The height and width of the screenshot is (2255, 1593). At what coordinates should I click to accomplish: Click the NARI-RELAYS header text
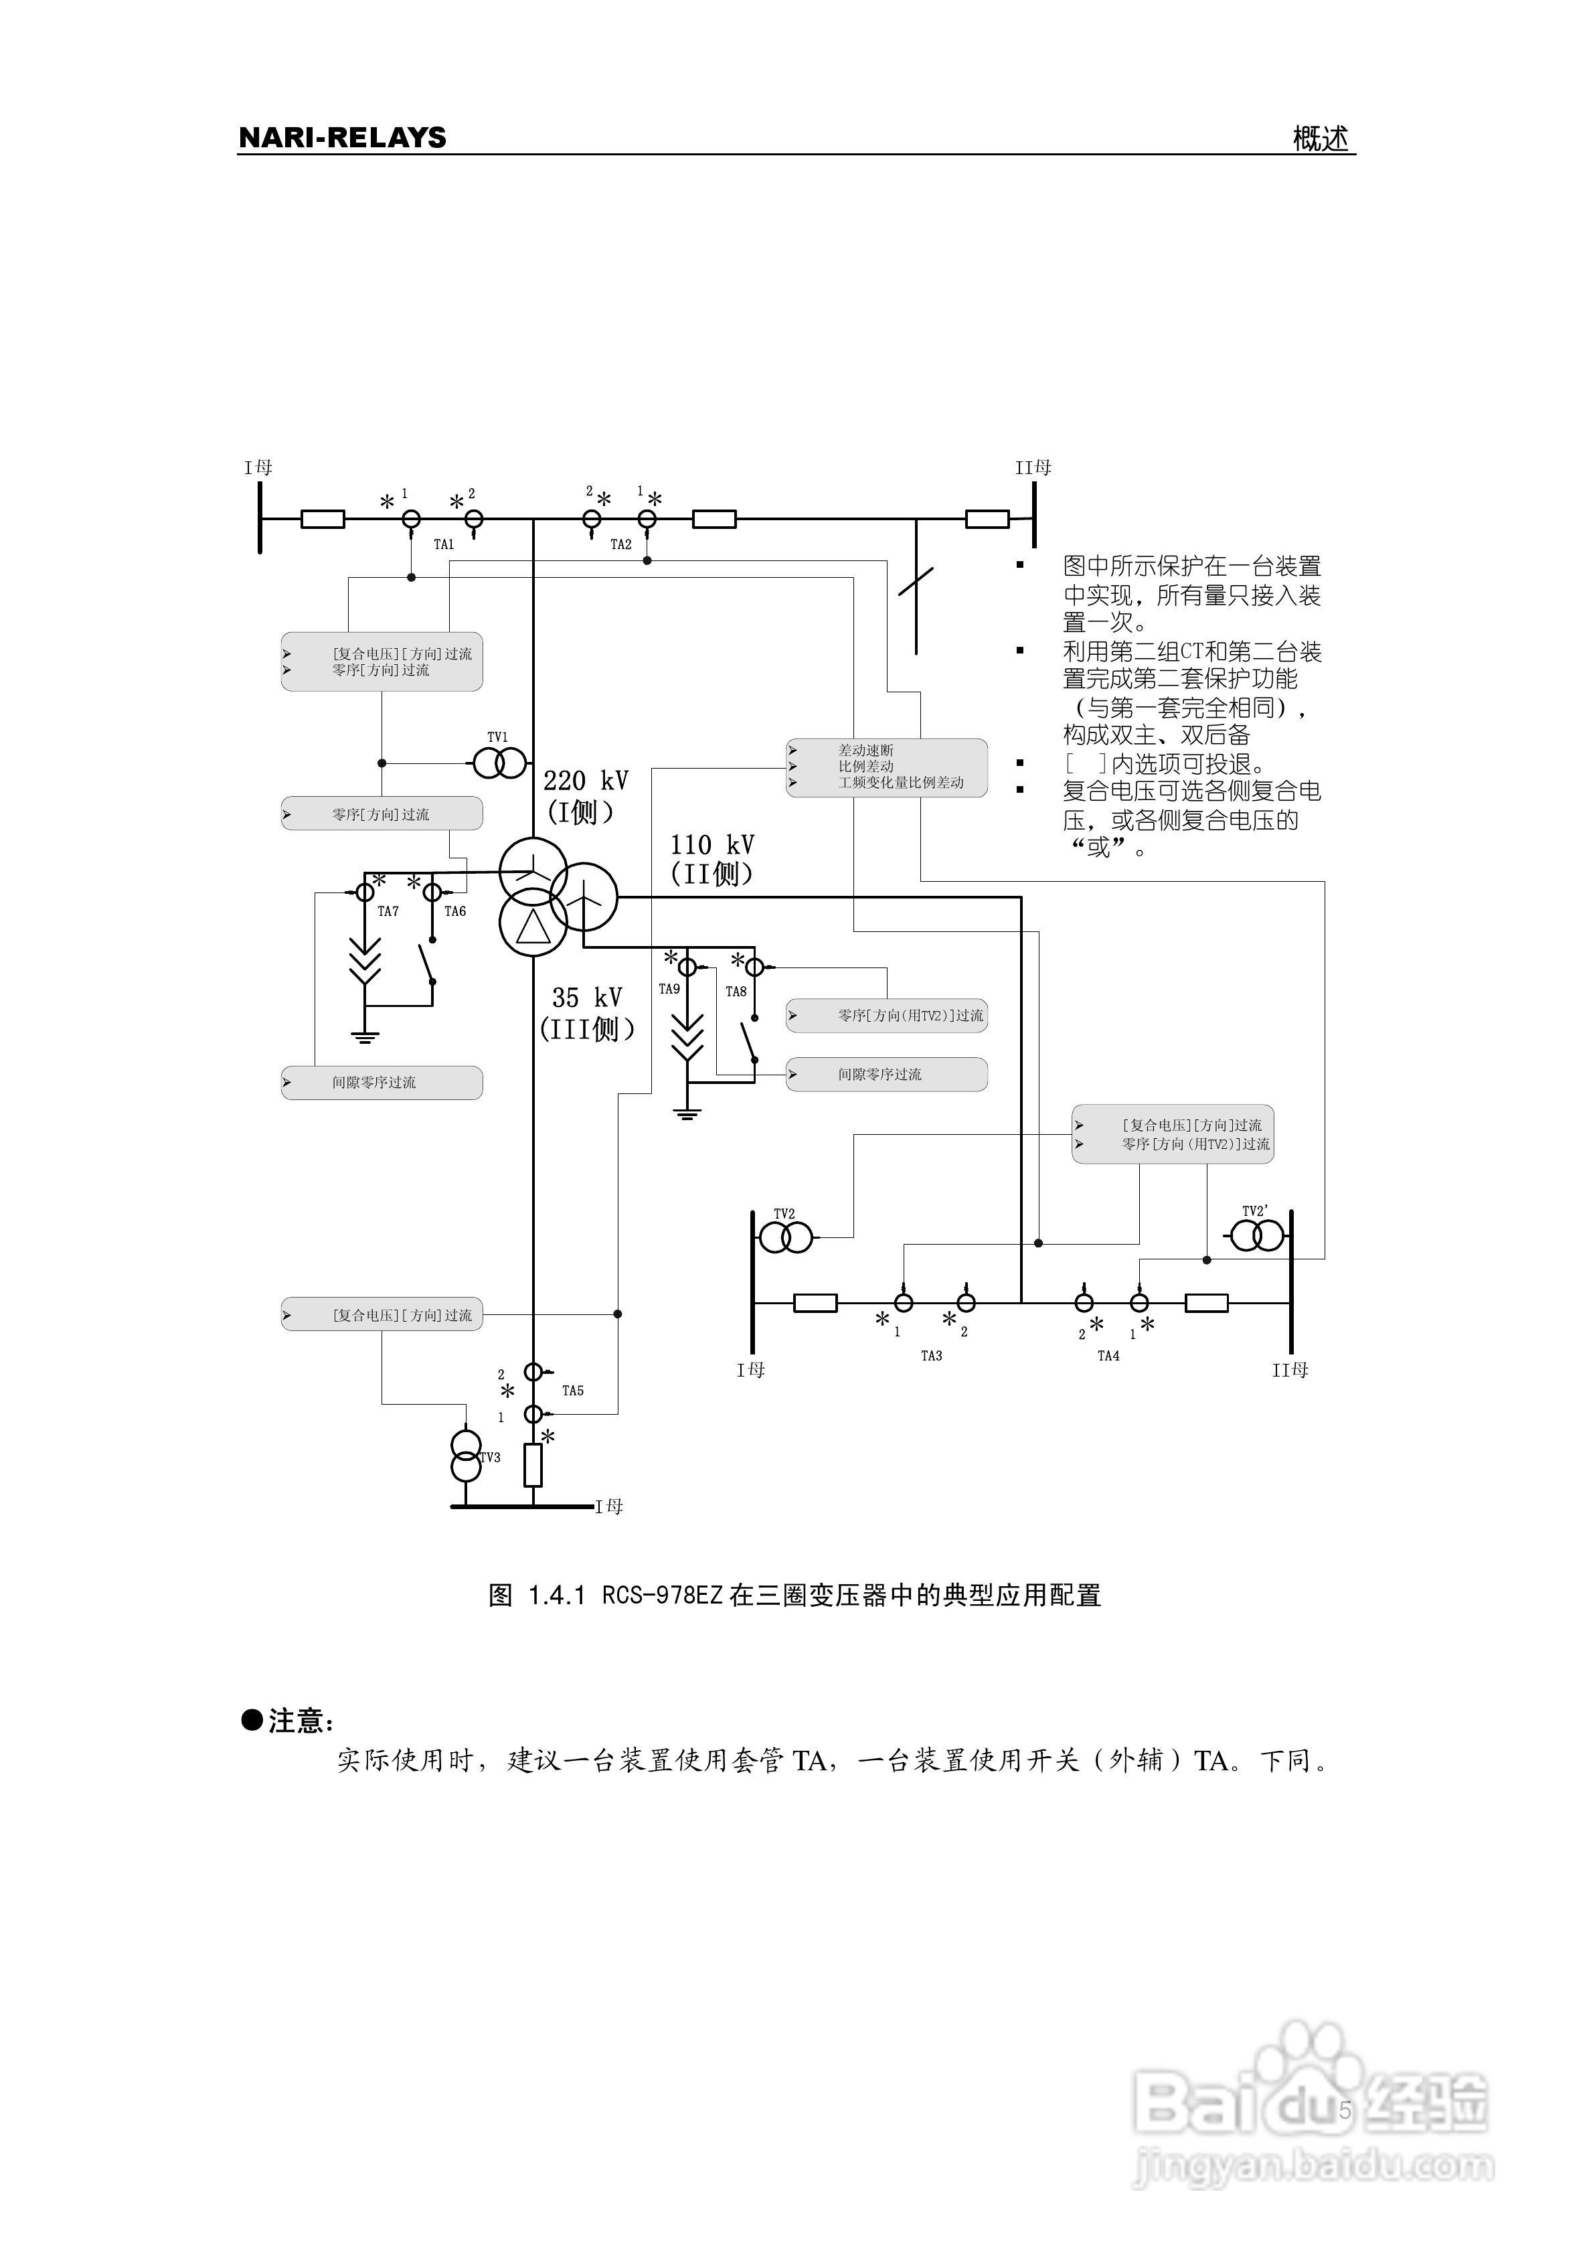342,137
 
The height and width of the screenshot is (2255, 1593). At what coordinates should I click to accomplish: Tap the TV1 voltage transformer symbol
500,763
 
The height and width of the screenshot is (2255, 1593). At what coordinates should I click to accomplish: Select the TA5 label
572,1391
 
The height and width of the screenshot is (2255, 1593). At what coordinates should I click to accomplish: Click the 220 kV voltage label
586,781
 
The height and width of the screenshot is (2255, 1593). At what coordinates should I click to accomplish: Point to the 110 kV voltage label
712,845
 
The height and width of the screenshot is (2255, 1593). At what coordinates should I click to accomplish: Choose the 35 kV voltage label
586,998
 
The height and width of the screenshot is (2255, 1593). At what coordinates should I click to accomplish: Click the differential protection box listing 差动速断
886,767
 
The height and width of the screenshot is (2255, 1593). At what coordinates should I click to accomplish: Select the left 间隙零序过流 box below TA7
382,1083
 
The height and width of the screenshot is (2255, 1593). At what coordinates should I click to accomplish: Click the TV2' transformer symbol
1258,1235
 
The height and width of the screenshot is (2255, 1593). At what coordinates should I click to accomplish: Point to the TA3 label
931,1356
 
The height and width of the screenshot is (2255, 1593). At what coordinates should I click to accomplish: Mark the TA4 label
1108,1356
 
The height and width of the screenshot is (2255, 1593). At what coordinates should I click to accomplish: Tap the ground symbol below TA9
687,1113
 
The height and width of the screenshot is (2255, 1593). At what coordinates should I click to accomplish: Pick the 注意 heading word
296,1721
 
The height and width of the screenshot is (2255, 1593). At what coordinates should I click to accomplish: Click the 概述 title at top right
1321,139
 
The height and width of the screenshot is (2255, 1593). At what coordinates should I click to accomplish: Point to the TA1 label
444,544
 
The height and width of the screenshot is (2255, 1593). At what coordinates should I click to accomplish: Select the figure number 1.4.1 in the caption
557,1595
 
